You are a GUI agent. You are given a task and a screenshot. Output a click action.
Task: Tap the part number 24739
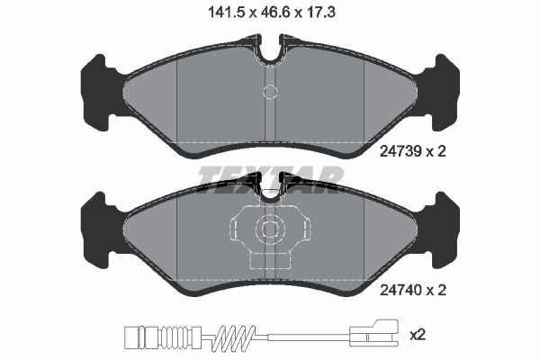(x=401, y=154)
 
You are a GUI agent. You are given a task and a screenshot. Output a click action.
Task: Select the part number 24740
(x=401, y=290)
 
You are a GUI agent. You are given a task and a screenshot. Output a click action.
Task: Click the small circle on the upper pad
(x=269, y=91)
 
